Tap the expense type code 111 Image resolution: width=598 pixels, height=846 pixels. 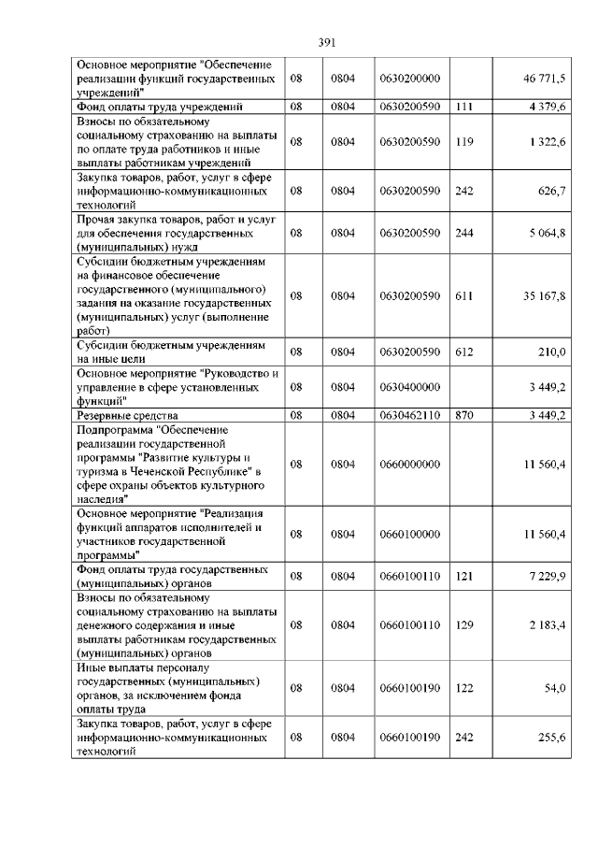pos(463,108)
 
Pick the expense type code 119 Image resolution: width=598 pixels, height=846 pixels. pos(463,141)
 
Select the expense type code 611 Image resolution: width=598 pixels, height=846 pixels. pos(463,295)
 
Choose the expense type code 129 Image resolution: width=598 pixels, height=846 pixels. pos(463,624)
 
